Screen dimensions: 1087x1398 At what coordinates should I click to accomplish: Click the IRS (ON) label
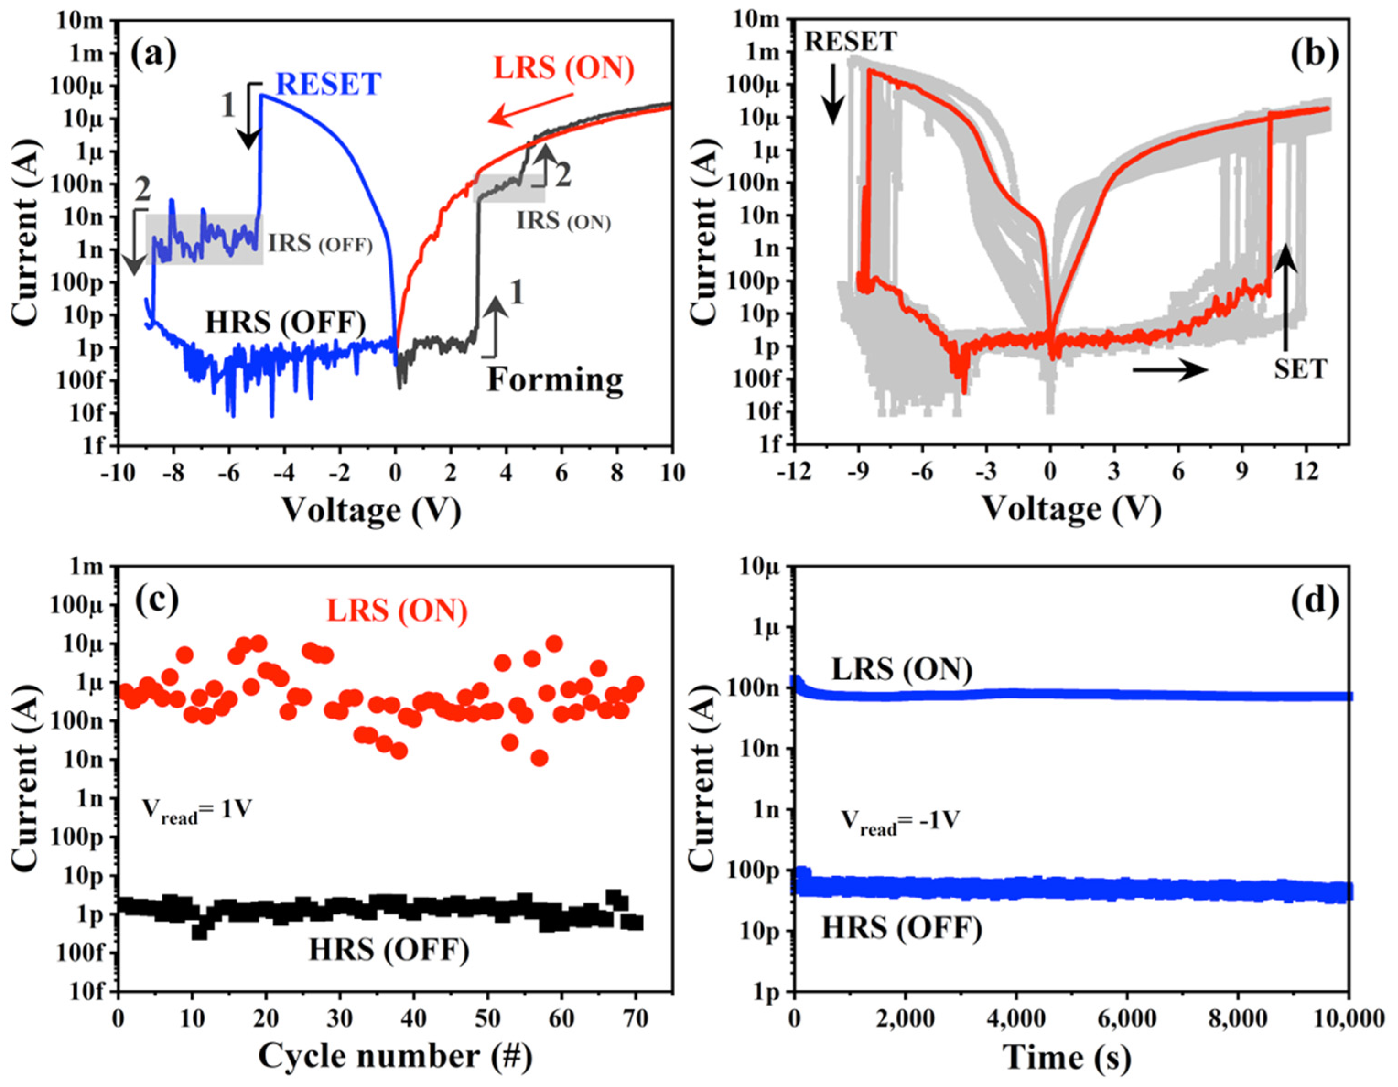563,221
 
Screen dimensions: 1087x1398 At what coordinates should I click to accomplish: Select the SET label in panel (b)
1301,369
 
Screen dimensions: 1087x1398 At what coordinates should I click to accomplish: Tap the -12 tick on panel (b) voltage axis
794,472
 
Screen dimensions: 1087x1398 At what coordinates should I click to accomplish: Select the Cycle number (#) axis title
395,1056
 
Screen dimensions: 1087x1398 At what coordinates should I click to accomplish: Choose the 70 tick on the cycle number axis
636,1018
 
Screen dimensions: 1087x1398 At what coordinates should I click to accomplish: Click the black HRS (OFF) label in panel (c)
389,950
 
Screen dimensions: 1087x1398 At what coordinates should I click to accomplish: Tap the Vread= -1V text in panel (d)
899,822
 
